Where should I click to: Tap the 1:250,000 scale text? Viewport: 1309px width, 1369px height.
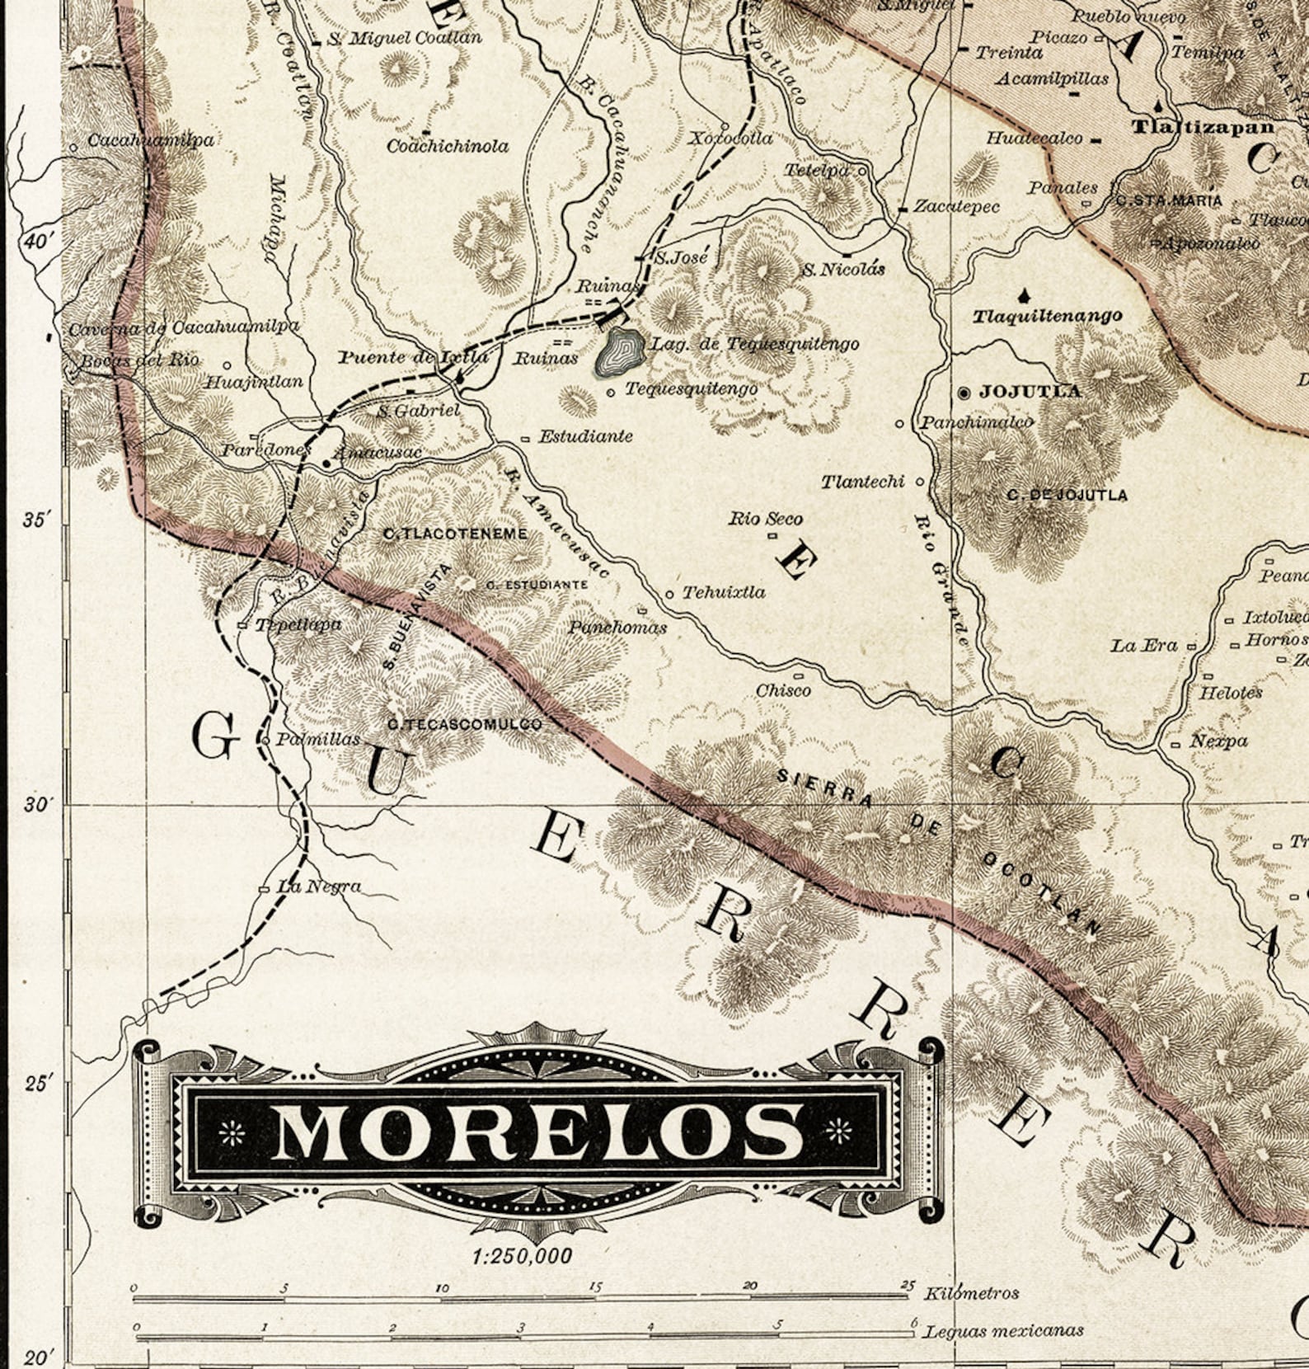tap(523, 1256)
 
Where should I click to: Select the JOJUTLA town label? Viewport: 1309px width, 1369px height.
tap(1030, 392)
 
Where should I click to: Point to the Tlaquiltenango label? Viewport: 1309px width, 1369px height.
tap(1047, 316)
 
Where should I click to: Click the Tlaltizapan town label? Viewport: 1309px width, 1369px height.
tap(1203, 127)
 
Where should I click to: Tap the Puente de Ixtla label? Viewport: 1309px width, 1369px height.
tap(414, 357)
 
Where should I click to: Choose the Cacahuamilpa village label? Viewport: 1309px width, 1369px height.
tap(151, 140)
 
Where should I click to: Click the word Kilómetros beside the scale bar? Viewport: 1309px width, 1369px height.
tap(971, 1293)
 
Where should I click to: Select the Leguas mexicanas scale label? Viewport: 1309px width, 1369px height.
tap(1003, 1331)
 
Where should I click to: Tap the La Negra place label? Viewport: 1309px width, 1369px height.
tap(318, 887)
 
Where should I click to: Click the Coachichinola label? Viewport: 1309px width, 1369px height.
tap(448, 147)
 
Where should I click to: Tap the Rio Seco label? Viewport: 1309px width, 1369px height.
tap(765, 519)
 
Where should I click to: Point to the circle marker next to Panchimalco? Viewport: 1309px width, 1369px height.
tap(900, 423)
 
